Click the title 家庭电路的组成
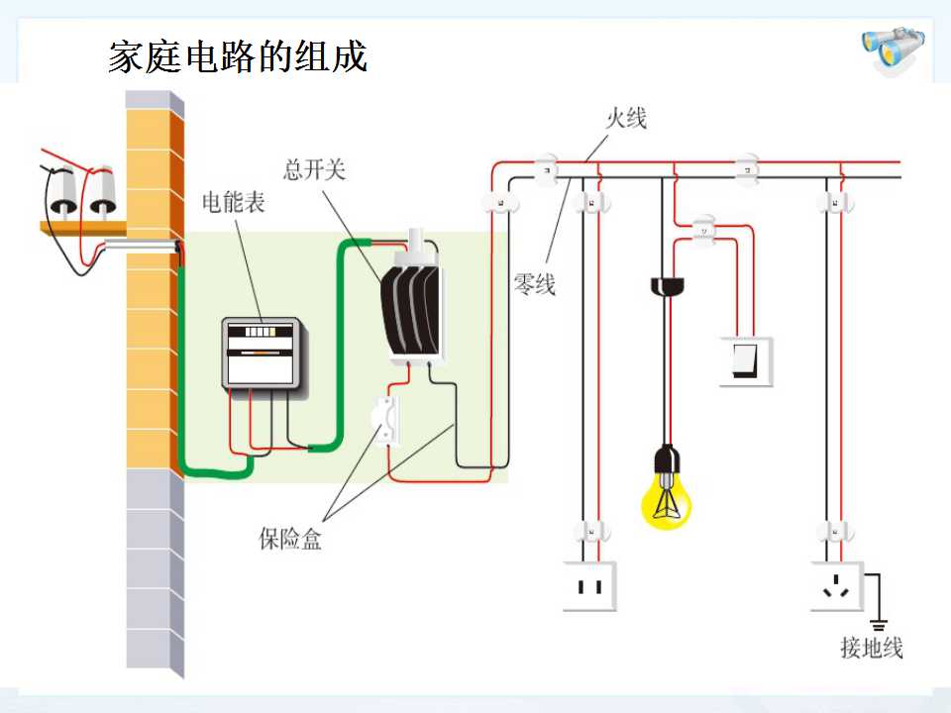coord(238,57)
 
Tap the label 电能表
coord(234,202)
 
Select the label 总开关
coord(314,169)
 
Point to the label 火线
coord(626,118)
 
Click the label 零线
coord(534,284)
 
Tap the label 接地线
coord(872,648)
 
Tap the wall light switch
coord(745,361)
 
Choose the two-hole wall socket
coord(589,586)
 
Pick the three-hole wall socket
coord(837,586)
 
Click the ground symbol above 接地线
coord(878,625)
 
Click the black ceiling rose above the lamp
coord(667,286)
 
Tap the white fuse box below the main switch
coord(386,420)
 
